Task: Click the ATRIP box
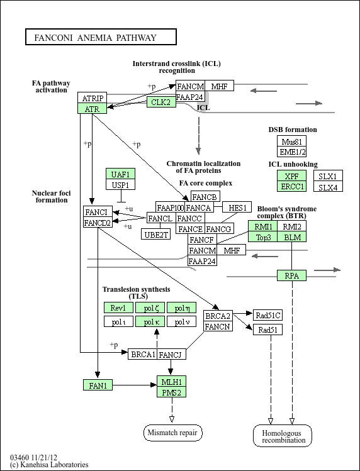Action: tap(93, 97)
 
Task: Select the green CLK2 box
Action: tap(161, 102)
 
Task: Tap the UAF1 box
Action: tap(121, 174)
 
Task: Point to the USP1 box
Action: tap(121, 184)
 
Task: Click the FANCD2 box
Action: tap(98, 222)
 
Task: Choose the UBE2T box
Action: tap(156, 234)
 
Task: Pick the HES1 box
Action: tap(237, 207)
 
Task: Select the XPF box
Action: tap(292, 175)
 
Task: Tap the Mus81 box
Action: tap(292, 141)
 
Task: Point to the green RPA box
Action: tap(292, 275)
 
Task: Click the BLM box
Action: tap(292, 236)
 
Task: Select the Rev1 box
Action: tap(118, 308)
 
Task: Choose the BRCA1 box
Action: tap(143, 354)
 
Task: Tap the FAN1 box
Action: tap(98, 385)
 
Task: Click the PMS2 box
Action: tap(171, 392)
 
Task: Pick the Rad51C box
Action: tap(267, 315)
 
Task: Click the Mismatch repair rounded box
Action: tap(173, 433)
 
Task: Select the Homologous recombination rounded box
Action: tap(283, 436)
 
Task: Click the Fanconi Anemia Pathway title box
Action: tap(101, 36)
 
